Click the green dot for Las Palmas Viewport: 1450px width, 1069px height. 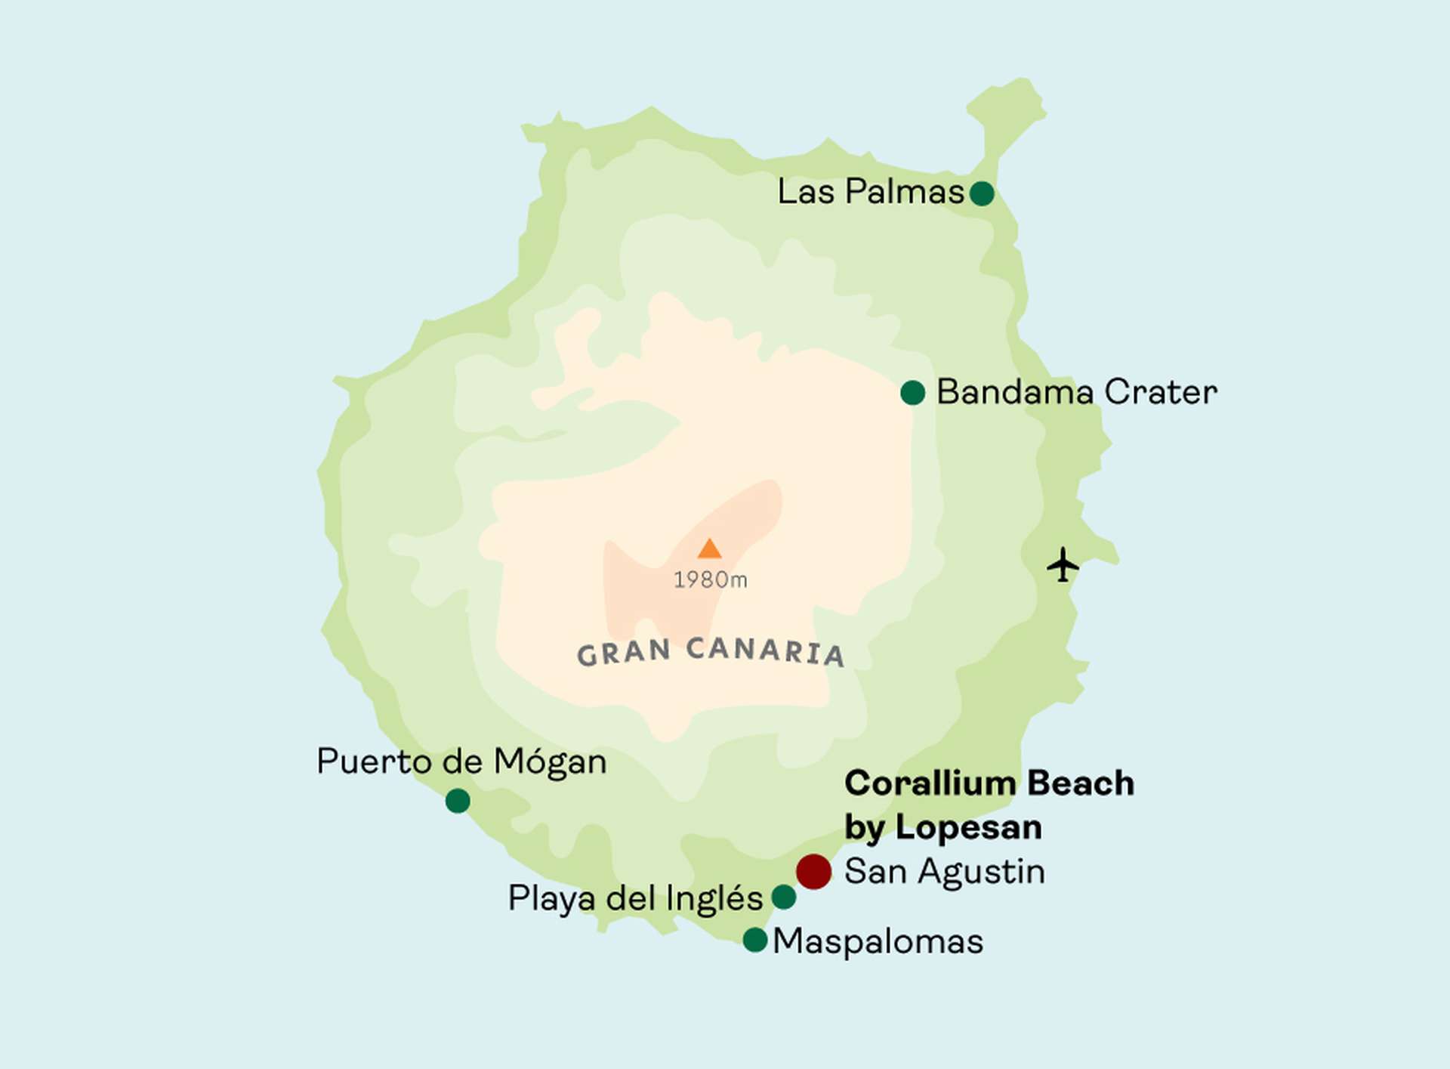[981, 193]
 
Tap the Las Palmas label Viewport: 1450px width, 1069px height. [871, 192]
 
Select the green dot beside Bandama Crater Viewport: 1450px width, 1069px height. [912, 393]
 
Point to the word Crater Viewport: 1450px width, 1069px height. [1161, 392]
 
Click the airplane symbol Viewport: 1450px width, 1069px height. [1063, 564]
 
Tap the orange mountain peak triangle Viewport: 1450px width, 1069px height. [708, 549]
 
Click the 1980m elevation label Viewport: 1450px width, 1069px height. [710, 580]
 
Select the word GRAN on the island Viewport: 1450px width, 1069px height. [624, 653]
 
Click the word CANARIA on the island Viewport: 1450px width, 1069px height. [765, 651]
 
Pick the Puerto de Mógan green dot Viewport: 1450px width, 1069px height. [458, 801]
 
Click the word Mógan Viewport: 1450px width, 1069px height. [550, 762]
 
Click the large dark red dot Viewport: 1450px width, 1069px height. [813, 872]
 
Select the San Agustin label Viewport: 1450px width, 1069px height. [944, 872]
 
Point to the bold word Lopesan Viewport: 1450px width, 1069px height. [969, 827]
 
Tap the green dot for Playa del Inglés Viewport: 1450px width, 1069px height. [784, 898]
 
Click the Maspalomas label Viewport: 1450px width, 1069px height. [878, 942]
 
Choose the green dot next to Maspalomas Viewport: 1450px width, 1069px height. [755, 940]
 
